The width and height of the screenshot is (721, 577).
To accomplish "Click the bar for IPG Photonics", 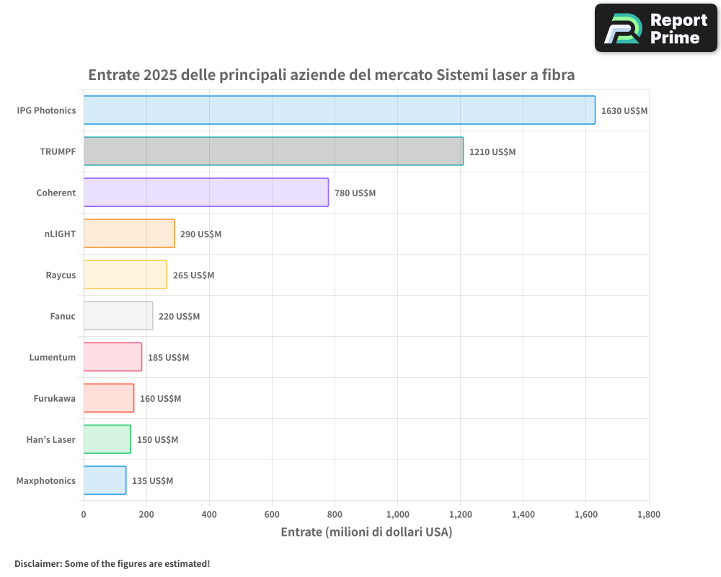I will (x=339, y=110).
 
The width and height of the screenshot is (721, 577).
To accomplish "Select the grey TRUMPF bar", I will (x=273, y=151).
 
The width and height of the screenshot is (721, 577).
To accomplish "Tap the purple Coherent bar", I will (x=205, y=193).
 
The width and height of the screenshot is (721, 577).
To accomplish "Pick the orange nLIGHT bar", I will (x=129, y=234).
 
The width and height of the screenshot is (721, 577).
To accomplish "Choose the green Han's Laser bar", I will (x=107, y=439).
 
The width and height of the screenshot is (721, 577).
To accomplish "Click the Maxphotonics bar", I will (x=105, y=480).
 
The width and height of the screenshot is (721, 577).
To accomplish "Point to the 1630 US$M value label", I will (x=624, y=111).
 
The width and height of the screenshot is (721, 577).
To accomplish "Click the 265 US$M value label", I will (x=193, y=276).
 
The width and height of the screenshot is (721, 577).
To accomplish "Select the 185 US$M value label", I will (x=168, y=358).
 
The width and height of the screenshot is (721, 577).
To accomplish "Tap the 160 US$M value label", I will (x=160, y=399).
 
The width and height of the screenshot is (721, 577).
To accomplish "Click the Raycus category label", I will (x=61, y=275).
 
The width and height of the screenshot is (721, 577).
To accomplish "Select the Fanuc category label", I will (x=63, y=316).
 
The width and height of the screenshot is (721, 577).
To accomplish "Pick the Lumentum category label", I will (x=53, y=357).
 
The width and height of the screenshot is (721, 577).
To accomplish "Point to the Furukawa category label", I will (x=55, y=398).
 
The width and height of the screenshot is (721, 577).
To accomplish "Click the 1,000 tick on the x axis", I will (x=397, y=515).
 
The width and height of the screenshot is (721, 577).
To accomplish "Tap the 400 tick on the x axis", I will (x=209, y=515).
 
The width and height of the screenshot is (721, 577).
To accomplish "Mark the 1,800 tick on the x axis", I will (x=648, y=515).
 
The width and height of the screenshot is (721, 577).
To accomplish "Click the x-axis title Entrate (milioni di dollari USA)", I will (x=366, y=532).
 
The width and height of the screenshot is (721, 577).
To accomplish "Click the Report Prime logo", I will (x=655, y=28).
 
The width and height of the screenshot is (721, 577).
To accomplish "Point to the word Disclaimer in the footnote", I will (x=37, y=564).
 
